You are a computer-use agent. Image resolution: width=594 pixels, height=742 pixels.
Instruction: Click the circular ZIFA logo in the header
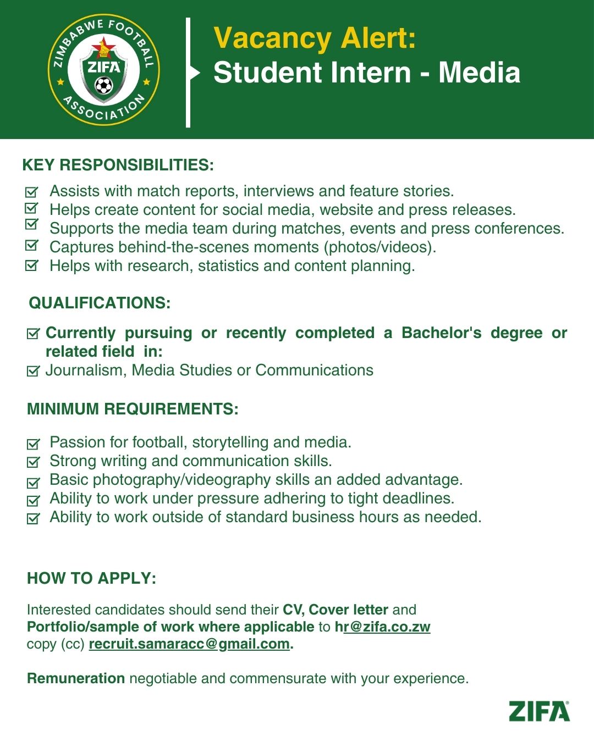click(103, 70)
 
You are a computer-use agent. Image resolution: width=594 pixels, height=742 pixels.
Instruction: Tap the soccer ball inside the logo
click(103, 86)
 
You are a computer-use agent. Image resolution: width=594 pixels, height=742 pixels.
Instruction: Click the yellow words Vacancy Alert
click(315, 38)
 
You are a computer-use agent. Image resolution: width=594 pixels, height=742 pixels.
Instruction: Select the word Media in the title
click(479, 73)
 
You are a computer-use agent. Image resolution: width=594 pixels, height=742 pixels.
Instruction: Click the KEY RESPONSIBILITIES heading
click(118, 165)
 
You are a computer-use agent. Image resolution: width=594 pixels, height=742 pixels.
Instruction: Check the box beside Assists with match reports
click(32, 192)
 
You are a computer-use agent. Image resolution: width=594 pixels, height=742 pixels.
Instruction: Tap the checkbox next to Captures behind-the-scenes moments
click(32, 246)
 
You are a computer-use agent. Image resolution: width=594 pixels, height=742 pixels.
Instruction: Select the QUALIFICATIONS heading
click(100, 303)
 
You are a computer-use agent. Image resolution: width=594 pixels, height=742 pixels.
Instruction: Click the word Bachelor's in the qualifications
click(441, 333)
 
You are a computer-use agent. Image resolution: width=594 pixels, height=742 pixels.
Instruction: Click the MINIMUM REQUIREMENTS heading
click(133, 409)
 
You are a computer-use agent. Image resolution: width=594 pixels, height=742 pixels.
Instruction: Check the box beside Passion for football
click(33, 444)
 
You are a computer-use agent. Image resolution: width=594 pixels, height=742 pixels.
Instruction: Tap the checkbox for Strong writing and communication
click(33, 462)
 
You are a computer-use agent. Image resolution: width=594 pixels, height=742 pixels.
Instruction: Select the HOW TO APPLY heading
click(91, 578)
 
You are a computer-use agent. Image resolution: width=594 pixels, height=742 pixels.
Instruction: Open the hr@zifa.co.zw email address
click(383, 627)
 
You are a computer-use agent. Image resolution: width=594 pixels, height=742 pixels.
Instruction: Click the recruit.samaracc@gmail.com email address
click(189, 644)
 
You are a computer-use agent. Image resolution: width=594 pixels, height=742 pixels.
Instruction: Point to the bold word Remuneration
click(76, 678)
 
